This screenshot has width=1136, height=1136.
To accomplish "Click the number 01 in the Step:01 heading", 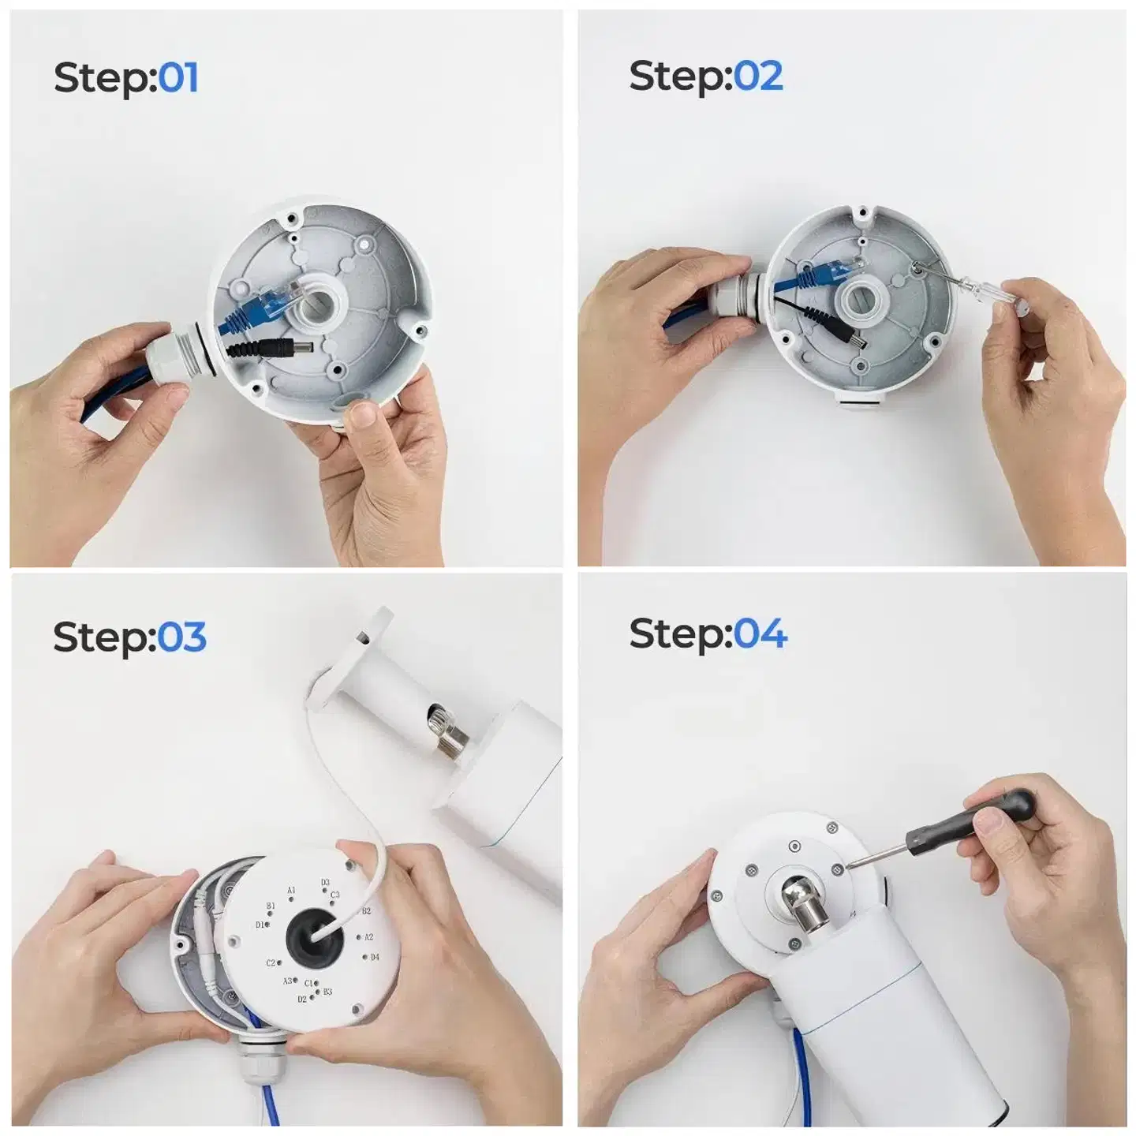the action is coord(178,78).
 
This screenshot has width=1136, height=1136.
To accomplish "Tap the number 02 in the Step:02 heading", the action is coord(757,76).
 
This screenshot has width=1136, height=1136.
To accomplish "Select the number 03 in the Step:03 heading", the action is coord(181,637).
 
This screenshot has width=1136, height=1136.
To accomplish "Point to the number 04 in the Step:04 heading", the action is coord(760,633).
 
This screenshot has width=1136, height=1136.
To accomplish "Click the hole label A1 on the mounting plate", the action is coord(291,890).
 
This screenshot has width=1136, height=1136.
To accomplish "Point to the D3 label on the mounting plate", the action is coord(325,882).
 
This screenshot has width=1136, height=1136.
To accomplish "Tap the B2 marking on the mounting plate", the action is coord(366,911).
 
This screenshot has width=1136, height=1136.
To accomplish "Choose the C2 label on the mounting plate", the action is coord(271,962).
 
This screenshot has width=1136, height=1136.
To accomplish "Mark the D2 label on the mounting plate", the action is coord(302,1000).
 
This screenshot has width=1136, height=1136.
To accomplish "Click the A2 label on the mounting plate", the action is coord(369,936).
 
